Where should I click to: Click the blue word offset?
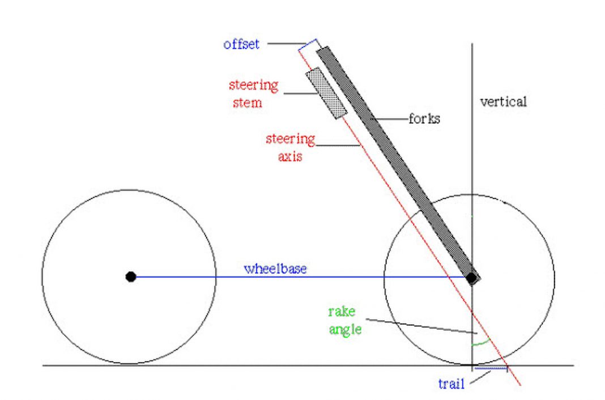click(x=241, y=44)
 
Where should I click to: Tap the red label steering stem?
click(x=253, y=93)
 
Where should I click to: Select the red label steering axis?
click(x=290, y=147)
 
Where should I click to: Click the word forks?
click(x=424, y=120)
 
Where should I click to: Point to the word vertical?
click(x=503, y=102)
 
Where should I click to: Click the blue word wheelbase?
click(x=275, y=269)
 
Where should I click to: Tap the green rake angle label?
click(x=344, y=320)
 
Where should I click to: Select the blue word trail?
click(x=451, y=384)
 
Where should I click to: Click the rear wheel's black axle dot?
click(x=131, y=276)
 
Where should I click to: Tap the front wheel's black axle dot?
click(x=471, y=278)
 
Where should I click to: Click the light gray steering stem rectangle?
click(x=326, y=93)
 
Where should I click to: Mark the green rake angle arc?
click(x=480, y=343)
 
